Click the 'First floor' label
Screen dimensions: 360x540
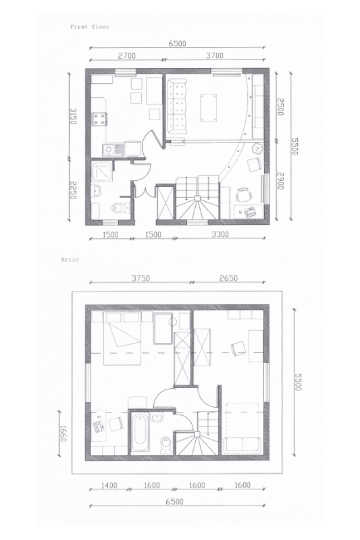click(90, 26)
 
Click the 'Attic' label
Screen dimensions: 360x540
click(70, 259)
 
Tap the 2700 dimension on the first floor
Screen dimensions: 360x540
click(127, 55)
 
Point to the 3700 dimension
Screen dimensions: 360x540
click(215, 55)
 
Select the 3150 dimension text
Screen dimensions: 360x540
click(73, 116)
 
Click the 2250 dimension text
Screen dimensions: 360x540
click(73, 190)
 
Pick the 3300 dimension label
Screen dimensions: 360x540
click(220, 234)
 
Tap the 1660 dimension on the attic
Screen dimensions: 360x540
click(63, 433)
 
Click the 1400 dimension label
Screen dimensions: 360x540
click(109, 485)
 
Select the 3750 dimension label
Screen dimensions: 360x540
click(141, 278)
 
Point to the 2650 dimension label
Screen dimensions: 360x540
click(228, 278)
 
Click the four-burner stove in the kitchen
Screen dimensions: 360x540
click(99, 119)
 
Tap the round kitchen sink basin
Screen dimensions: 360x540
click(108, 150)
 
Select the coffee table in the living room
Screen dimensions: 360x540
click(209, 108)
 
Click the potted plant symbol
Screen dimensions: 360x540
click(256, 148)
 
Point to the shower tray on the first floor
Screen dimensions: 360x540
click(101, 171)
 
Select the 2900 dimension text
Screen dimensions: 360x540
click(280, 180)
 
